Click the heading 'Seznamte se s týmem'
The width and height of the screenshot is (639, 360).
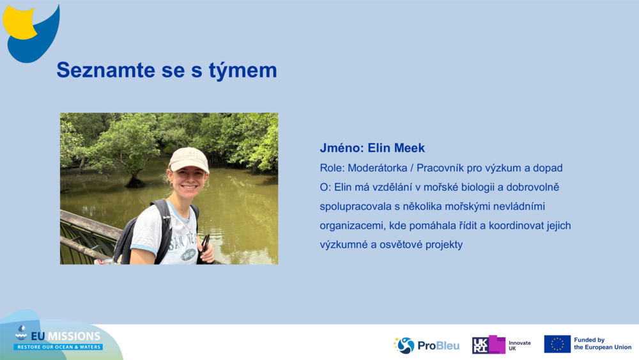point(167,70)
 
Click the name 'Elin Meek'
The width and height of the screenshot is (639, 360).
point(396,148)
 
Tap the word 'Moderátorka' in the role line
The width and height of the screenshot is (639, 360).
point(378,168)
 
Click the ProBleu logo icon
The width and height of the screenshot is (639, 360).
point(404,345)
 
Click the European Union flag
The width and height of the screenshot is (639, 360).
point(557,344)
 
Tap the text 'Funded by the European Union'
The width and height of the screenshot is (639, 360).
point(602,344)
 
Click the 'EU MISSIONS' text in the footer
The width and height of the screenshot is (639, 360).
point(65,336)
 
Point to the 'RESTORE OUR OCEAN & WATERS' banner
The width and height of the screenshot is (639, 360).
point(58,347)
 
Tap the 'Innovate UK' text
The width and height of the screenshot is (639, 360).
point(520,345)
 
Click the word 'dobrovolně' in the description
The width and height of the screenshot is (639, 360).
point(535,187)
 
